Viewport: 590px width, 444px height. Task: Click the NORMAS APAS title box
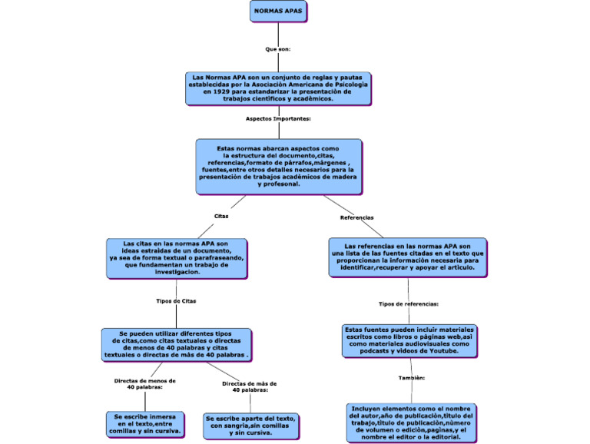tap(278, 12)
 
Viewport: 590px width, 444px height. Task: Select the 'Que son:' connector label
tap(278, 48)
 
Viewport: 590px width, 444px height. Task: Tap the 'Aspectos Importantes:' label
tap(278, 119)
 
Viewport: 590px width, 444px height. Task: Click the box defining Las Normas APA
tap(278, 88)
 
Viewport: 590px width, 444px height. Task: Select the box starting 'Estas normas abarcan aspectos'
tap(278, 166)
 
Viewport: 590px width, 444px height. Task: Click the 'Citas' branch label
tap(221, 216)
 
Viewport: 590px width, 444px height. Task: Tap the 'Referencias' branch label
tap(356, 217)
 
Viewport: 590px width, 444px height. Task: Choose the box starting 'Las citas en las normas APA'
tap(177, 257)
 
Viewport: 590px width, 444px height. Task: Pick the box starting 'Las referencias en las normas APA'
tap(407, 257)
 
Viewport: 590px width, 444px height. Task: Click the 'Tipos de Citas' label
tap(176, 301)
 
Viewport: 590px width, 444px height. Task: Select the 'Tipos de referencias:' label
tap(408, 303)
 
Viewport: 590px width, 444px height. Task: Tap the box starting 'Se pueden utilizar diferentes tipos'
tap(177, 345)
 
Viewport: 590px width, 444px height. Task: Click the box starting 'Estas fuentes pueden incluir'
tap(409, 340)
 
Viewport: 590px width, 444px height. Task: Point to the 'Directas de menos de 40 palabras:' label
tap(144, 383)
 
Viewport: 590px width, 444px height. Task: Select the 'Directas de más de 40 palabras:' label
tap(250, 386)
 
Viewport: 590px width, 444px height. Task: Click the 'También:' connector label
tap(412, 378)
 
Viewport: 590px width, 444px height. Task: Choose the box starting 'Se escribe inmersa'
tap(145, 423)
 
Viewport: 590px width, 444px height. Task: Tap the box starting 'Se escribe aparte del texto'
tap(250, 425)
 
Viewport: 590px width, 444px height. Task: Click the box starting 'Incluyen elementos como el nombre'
tap(412, 422)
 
